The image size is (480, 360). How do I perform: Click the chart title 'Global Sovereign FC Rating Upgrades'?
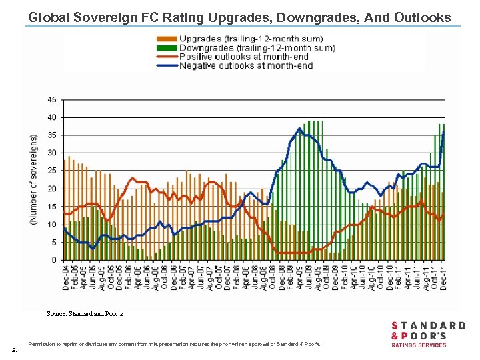[240, 17]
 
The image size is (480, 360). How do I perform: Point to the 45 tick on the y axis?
[51, 99]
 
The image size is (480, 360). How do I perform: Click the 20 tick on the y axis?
[51, 189]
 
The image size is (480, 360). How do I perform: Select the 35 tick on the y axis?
[51, 135]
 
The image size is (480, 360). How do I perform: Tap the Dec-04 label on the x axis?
[65, 277]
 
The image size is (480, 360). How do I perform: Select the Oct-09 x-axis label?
[327, 277]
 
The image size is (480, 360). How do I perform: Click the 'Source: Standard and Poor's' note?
[85, 313]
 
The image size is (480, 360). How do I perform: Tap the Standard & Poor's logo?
[428, 334]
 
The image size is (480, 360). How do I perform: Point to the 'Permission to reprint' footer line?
[175, 344]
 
